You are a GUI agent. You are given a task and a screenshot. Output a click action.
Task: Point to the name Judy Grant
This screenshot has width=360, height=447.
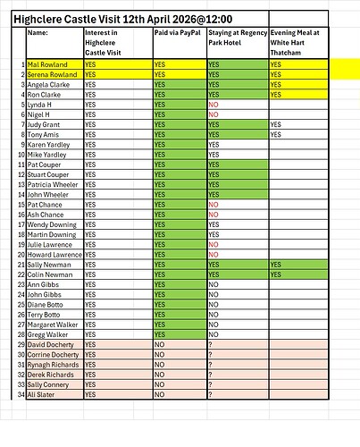46,124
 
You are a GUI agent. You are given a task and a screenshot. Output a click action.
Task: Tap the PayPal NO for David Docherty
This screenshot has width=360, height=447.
160,344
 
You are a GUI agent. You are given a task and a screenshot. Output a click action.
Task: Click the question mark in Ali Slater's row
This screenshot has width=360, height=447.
210,394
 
